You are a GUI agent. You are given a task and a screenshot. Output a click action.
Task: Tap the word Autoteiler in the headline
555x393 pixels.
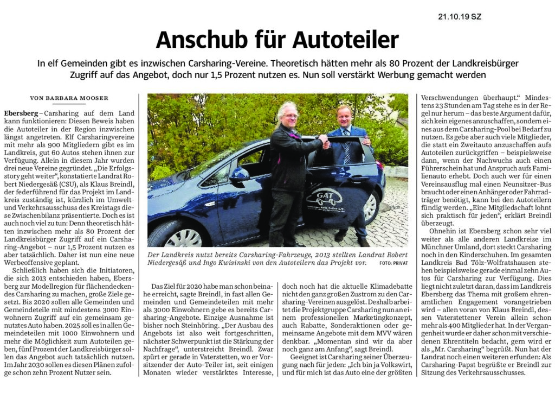click(346, 40)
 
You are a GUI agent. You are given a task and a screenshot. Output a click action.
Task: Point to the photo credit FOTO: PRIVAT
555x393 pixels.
click(393, 263)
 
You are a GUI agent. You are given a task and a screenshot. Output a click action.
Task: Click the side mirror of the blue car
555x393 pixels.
click(239, 175)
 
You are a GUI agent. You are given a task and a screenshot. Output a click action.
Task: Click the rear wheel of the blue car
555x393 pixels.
click(370, 206)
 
